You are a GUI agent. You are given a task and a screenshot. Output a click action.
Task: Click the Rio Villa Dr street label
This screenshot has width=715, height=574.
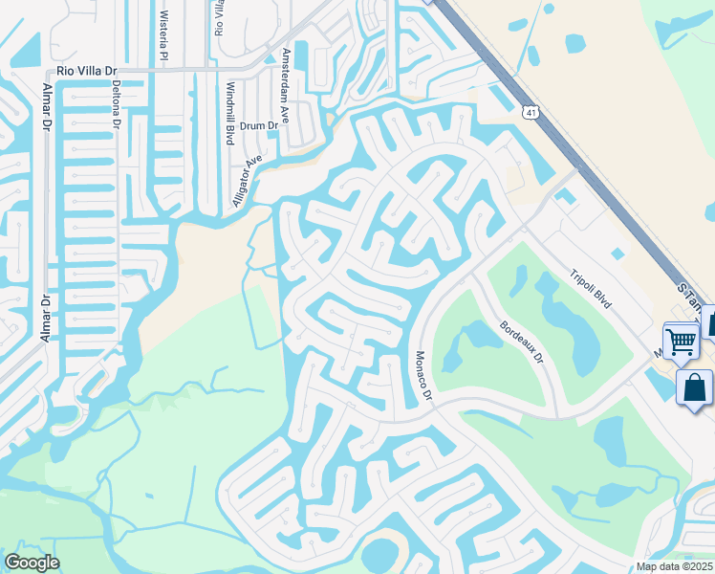pyautogui.click(x=86, y=70)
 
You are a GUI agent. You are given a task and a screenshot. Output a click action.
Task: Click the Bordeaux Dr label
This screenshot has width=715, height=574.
pyautogui.click(x=520, y=342)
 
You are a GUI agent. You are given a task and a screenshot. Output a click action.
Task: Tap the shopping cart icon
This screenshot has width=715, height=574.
pyautogui.click(x=681, y=340)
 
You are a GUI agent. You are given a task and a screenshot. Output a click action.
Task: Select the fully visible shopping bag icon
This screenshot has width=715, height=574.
pyautogui.click(x=694, y=388)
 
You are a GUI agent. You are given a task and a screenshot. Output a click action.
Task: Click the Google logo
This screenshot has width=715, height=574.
pyautogui.click(x=32, y=563)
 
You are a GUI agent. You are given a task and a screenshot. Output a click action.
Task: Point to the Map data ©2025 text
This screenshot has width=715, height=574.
pyautogui.click(x=675, y=566)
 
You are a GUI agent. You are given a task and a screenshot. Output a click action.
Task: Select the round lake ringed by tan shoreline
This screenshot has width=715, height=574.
pyautogui.click(x=383, y=553)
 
